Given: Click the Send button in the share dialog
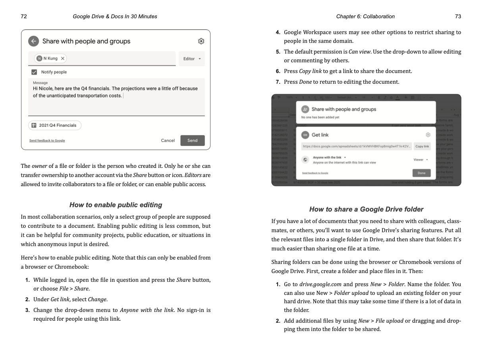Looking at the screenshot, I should (193, 141).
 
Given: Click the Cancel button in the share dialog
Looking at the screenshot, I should (168, 141).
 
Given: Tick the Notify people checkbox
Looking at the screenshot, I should (34, 72).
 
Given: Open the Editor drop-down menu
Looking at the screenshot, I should (192, 59).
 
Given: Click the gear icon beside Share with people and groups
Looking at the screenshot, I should (201, 41).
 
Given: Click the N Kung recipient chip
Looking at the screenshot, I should (50, 58).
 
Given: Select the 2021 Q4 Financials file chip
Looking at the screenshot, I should (54, 125).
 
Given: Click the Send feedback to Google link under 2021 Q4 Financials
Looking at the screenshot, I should (47, 141).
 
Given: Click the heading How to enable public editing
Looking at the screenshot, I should (116, 205).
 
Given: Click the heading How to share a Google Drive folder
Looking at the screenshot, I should (366, 209).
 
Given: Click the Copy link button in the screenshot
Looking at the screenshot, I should (422, 146).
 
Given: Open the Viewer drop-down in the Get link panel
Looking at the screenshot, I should (421, 160).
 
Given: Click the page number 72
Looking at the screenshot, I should (24, 16).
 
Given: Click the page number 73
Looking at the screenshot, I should (458, 16).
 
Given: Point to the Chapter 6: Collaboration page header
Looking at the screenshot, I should (365, 16).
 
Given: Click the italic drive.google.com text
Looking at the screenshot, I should (320, 284).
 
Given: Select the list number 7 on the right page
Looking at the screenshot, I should (278, 82).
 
